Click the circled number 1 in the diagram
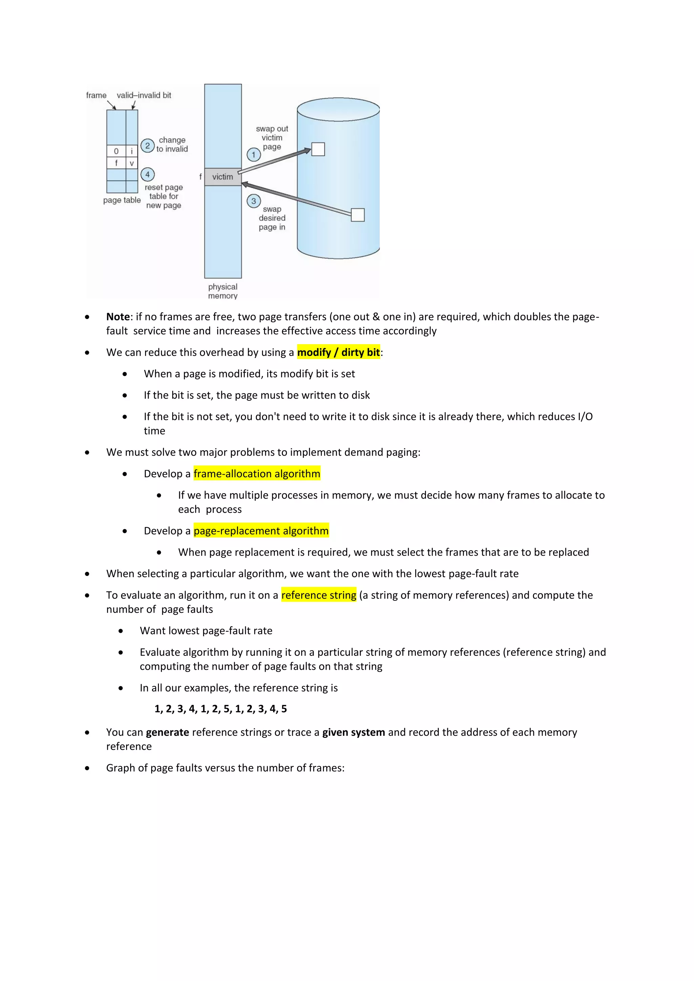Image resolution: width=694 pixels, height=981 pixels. [253, 155]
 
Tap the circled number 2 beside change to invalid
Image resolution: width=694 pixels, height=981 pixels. [147, 146]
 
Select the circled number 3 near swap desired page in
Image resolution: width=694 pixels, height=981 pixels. [253, 201]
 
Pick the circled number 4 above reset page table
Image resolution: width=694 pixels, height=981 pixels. [147, 174]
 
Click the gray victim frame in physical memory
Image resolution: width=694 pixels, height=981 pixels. [223, 177]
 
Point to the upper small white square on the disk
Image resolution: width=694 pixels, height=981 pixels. [318, 149]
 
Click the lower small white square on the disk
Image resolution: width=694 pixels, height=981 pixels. [358, 215]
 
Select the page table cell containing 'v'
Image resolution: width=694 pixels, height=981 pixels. [131, 163]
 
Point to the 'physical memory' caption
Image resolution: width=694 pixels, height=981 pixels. [223, 291]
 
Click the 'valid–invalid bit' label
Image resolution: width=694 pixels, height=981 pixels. [144, 95]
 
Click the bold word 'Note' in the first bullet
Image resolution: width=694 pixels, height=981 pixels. [118, 317]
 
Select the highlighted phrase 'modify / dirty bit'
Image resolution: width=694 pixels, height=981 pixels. [338, 353]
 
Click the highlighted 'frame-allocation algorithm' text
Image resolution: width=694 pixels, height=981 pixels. [257, 474]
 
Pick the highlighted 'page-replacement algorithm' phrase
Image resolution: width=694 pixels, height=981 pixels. [261, 531]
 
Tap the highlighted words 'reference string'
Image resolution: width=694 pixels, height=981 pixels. [319, 595]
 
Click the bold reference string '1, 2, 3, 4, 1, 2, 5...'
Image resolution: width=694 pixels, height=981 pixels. [221, 709]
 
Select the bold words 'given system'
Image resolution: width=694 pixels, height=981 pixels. [353, 732]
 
